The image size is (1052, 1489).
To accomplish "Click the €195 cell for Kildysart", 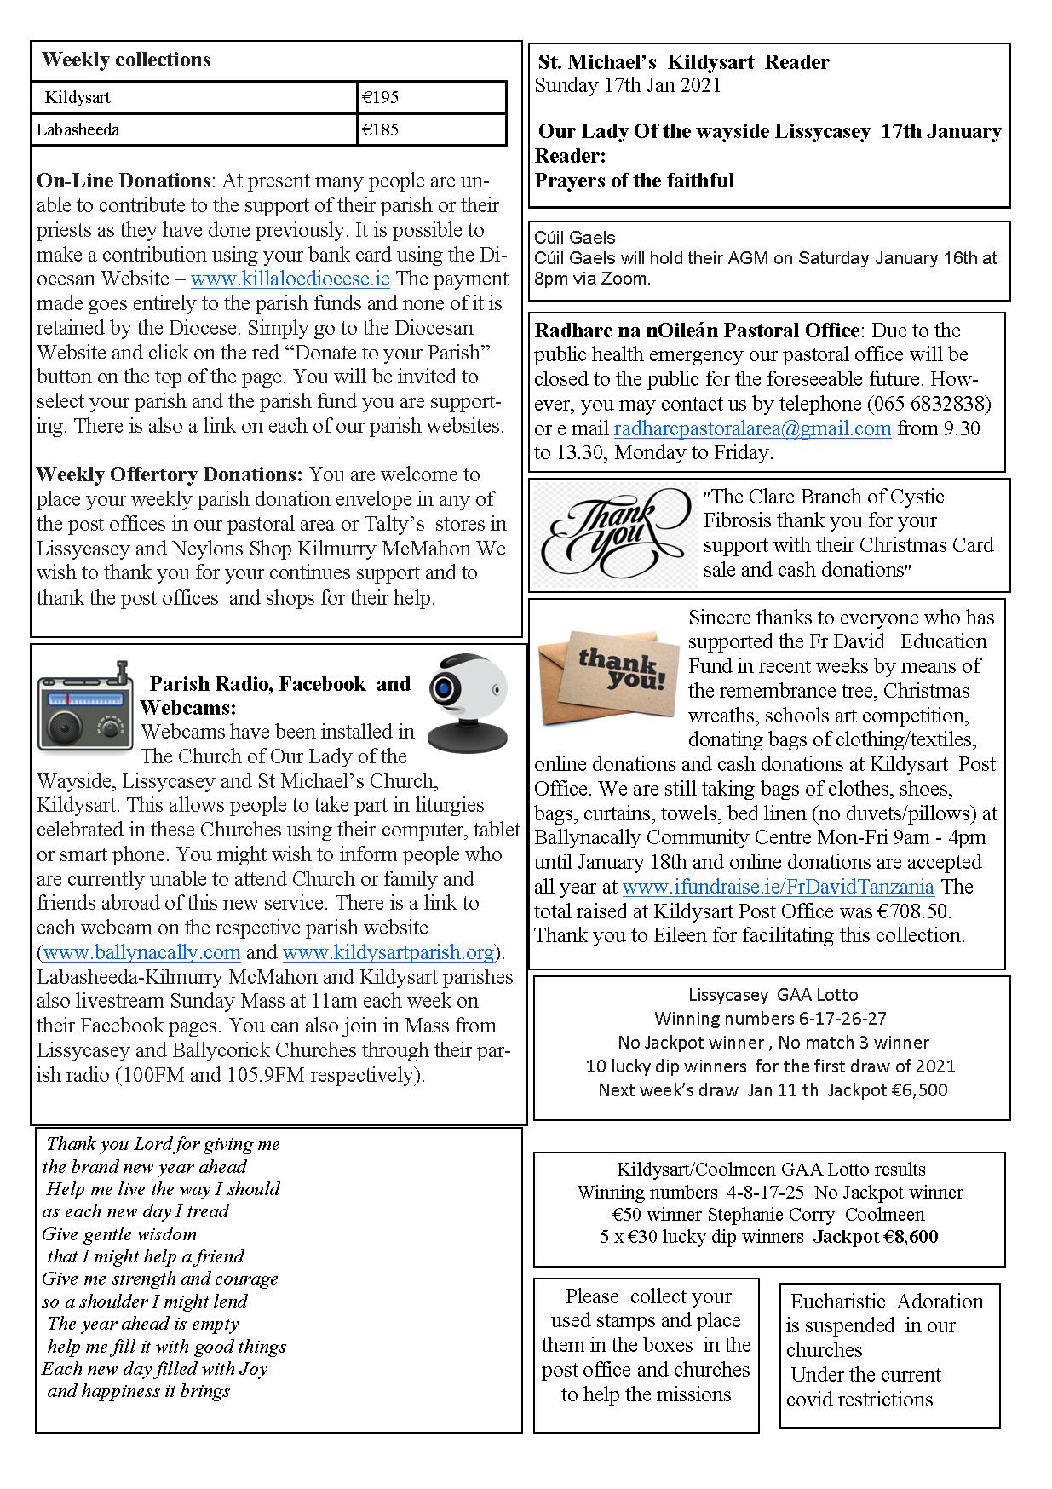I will click(x=430, y=97).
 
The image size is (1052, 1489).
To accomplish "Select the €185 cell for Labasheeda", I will click(x=430, y=129).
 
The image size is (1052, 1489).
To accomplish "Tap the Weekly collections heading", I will click(x=126, y=60).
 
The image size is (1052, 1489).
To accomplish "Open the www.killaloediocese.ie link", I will click(x=290, y=279).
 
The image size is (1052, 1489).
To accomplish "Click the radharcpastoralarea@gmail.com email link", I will click(x=752, y=428).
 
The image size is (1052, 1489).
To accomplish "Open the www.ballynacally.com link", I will click(x=141, y=951).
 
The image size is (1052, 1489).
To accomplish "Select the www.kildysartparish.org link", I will click(x=388, y=951).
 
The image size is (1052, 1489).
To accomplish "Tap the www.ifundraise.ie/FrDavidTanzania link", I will click(x=778, y=887).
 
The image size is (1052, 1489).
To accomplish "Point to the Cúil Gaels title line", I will click(x=575, y=238).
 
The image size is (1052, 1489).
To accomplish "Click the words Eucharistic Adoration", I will click(x=887, y=1301).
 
